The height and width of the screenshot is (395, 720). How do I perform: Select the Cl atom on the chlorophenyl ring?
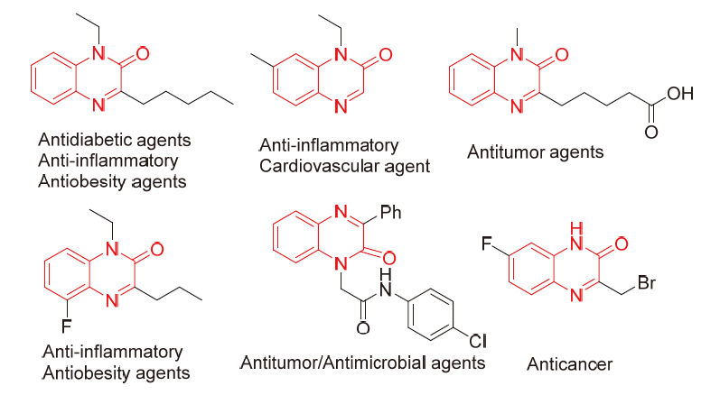477,342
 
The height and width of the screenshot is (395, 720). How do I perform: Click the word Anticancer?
569,363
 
